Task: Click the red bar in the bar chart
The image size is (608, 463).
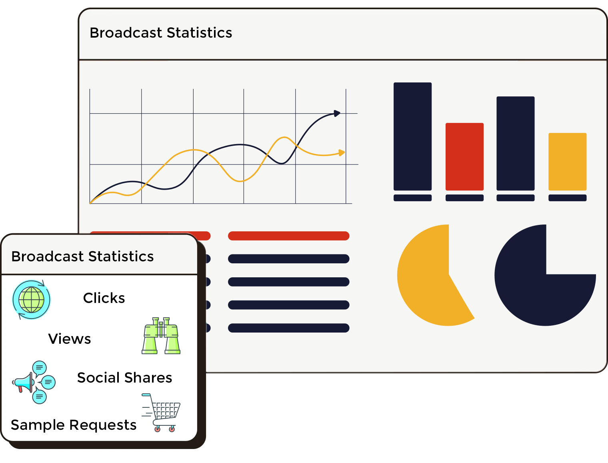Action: pyautogui.click(x=464, y=156)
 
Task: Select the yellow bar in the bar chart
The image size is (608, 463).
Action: pyautogui.click(x=567, y=162)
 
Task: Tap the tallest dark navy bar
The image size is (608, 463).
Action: pyautogui.click(x=412, y=136)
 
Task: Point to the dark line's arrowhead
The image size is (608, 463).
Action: pyautogui.click(x=337, y=113)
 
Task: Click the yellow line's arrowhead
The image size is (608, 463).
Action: pyautogui.click(x=342, y=152)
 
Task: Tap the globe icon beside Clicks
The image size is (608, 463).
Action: pyautogui.click(x=31, y=300)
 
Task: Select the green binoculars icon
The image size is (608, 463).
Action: pyautogui.click(x=161, y=335)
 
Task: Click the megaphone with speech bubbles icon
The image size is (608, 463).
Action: pyautogui.click(x=34, y=383)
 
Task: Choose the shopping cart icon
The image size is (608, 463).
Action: pyautogui.click(x=161, y=413)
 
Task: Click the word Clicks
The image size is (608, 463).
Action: pyautogui.click(x=104, y=298)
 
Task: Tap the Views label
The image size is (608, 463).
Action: pyautogui.click(x=70, y=339)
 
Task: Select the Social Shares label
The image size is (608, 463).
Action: pyautogui.click(x=125, y=377)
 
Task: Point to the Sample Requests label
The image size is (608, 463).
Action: pyautogui.click(x=74, y=425)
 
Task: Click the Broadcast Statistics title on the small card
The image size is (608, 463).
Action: pyautogui.click(x=82, y=256)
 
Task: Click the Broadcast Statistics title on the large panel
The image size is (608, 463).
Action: pyautogui.click(x=161, y=33)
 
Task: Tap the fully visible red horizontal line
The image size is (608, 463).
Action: pyautogui.click(x=289, y=236)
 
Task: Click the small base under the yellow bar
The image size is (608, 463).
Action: pyautogui.click(x=567, y=198)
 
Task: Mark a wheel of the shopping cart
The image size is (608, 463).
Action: pyautogui.click(x=157, y=429)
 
